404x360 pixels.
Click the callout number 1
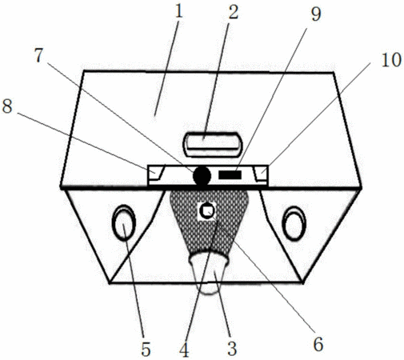pyautogui.click(x=179, y=12)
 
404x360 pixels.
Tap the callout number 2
pyautogui.click(x=233, y=12)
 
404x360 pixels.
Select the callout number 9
pyautogui.click(x=316, y=14)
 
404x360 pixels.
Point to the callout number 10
pyautogui.click(x=391, y=59)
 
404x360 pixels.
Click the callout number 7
pyautogui.click(x=38, y=55)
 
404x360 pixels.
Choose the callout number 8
pyautogui.click(x=7, y=106)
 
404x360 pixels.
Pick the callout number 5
pyautogui.click(x=146, y=349)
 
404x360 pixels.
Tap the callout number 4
pyautogui.click(x=184, y=350)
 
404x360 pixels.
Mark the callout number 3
pyautogui.click(x=232, y=348)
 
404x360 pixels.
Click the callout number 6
pyautogui.click(x=318, y=344)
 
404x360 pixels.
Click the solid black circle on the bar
pyautogui.click(x=202, y=176)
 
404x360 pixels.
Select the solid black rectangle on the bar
pyautogui.click(x=230, y=175)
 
